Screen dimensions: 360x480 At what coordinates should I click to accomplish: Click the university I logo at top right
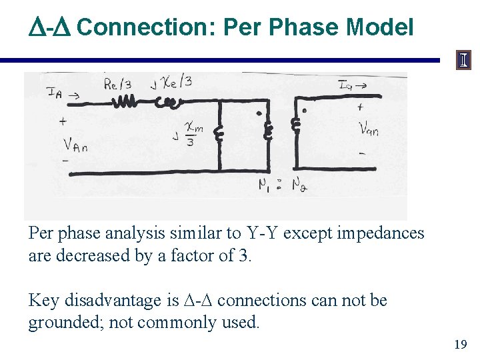(463, 61)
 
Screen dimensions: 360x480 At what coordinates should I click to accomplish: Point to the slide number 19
(460, 345)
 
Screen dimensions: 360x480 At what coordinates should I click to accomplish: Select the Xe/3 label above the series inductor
(175, 82)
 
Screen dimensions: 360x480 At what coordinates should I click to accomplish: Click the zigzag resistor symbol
(126, 102)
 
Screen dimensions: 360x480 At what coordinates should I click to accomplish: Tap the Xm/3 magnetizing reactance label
(192, 135)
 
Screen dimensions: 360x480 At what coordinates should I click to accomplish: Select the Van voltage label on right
(369, 128)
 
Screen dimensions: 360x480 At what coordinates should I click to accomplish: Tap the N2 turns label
(303, 187)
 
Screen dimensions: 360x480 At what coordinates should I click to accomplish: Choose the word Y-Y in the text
(265, 233)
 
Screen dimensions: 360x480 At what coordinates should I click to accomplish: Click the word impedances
(382, 233)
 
